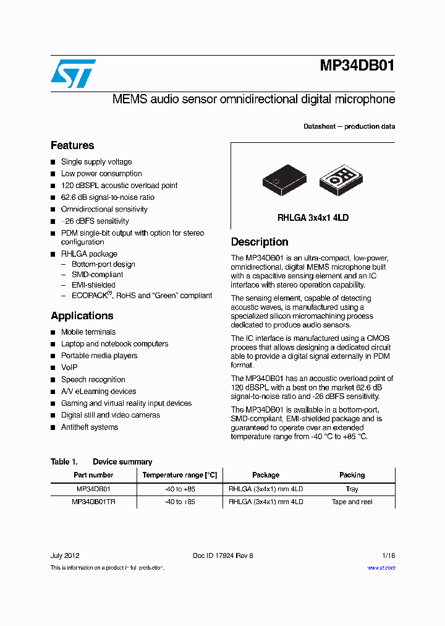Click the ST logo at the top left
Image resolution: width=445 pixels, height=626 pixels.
click(73, 74)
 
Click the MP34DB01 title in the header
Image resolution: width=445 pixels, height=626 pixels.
click(357, 66)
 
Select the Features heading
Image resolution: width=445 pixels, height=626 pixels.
click(72, 145)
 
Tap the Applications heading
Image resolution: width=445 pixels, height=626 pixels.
click(82, 315)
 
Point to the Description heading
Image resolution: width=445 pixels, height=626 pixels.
click(260, 242)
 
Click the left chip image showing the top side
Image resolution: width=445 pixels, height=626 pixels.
click(284, 180)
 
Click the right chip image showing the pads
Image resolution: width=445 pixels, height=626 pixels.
click(340, 180)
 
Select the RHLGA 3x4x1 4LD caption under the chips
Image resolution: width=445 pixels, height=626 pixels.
click(313, 218)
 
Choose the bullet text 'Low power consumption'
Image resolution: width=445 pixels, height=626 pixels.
click(101, 174)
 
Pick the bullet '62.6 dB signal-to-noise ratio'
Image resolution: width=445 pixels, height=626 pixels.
click(108, 197)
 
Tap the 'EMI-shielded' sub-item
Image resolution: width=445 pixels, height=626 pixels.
click(93, 285)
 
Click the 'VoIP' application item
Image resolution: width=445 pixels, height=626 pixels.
click(69, 367)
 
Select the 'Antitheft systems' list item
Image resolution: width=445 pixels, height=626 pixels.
click(90, 427)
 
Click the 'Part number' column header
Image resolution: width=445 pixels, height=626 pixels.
click(93, 475)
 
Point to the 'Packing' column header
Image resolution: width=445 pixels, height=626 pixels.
click(352, 475)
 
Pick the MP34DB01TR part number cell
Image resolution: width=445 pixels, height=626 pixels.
click(93, 502)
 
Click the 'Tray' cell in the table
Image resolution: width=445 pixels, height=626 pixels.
click(352, 489)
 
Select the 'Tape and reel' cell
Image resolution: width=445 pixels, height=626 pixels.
click(352, 502)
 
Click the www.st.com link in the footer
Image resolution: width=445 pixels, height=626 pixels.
click(381, 568)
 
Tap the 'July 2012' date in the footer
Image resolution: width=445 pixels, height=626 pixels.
click(64, 555)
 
